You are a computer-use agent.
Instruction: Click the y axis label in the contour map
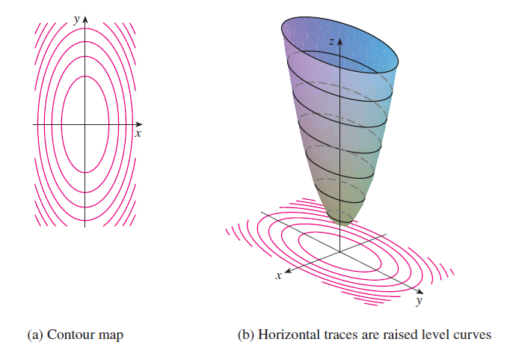point(77,20)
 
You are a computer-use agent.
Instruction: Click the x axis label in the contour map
point(138,133)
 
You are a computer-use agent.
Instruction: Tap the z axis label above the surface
point(332,41)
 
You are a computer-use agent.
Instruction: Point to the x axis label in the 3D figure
point(278,275)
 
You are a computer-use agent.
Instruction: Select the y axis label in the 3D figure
point(419,300)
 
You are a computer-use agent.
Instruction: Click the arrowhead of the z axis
point(340,41)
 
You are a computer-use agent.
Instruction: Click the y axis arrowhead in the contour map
point(85,19)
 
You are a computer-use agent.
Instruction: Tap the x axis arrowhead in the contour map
point(139,124)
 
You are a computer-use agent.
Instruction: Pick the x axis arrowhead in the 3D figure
point(288,271)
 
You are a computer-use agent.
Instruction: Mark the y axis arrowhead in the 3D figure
point(420,291)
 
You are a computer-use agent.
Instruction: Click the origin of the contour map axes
point(85,124)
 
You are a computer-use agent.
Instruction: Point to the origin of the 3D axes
point(340,252)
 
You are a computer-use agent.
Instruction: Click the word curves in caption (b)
point(472,335)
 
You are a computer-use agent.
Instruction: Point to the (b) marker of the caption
point(246,335)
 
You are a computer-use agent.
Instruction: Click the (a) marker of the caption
point(35,335)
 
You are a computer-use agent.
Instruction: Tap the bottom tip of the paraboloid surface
point(343,225)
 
